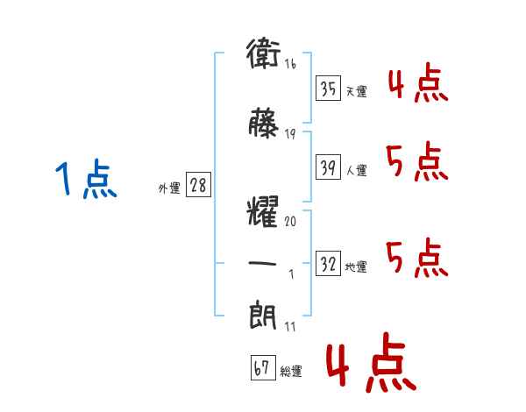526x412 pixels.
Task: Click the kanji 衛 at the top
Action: (263, 53)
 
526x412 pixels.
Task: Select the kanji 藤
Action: (264, 123)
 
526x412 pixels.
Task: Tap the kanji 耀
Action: (263, 212)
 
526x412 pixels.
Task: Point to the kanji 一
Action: (263, 263)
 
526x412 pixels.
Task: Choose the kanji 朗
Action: (263, 315)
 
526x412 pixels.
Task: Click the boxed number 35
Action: (329, 89)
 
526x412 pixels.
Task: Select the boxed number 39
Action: (329, 167)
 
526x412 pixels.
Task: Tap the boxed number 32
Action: (329, 264)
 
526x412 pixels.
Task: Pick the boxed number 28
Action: (198, 185)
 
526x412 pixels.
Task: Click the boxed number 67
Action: (263, 367)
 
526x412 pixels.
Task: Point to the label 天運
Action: (357, 91)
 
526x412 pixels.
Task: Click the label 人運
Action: (357, 170)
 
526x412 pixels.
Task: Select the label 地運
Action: (356, 267)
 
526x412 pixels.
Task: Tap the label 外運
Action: (169, 188)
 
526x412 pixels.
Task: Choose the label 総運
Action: (291, 371)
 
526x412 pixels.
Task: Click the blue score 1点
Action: (86, 179)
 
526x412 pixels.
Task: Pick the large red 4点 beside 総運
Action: (371, 362)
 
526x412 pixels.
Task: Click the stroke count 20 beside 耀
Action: (290, 221)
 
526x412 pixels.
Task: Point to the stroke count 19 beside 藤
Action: (290, 134)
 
